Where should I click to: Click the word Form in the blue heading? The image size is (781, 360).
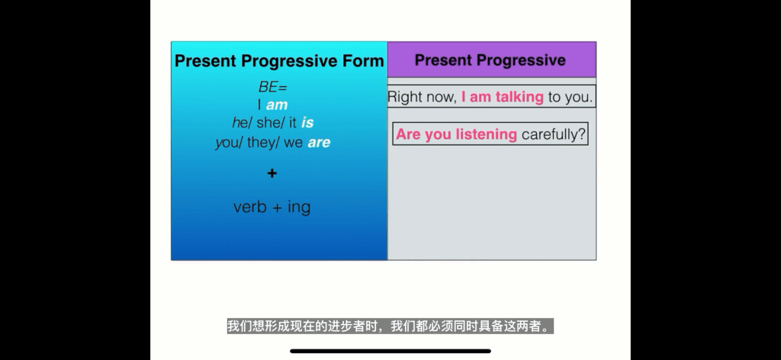pyautogui.click(x=363, y=61)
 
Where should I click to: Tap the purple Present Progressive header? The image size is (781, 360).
pyautogui.click(x=491, y=59)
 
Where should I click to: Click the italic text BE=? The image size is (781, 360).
pyautogui.click(x=272, y=87)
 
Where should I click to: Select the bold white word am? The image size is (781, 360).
pyautogui.click(x=277, y=105)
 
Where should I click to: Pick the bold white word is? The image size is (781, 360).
pyautogui.click(x=307, y=123)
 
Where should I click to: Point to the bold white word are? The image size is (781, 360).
pyautogui.click(x=319, y=143)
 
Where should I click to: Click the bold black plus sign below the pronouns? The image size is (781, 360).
pyautogui.click(x=272, y=173)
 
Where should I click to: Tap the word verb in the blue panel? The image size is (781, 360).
pyautogui.click(x=249, y=207)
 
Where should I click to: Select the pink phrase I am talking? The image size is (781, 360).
pyautogui.click(x=502, y=97)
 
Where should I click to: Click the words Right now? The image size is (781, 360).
pyautogui.click(x=423, y=97)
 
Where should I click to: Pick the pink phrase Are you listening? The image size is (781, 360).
pyautogui.click(x=456, y=134)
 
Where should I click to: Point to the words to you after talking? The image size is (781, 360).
pyautogui.click(x=570, y=97)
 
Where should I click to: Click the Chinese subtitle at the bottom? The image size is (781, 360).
pyautogui.click(x=390, y=326)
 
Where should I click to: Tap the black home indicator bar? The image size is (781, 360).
pyautogui.click(x=390, y=351)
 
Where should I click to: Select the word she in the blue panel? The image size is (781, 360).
pyautogui.click(x=268, y=123)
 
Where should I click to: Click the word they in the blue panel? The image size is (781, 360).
pyautogui.click(x=261, y=143)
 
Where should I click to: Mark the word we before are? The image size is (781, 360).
pyautogui.click(x=294, y=143)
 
